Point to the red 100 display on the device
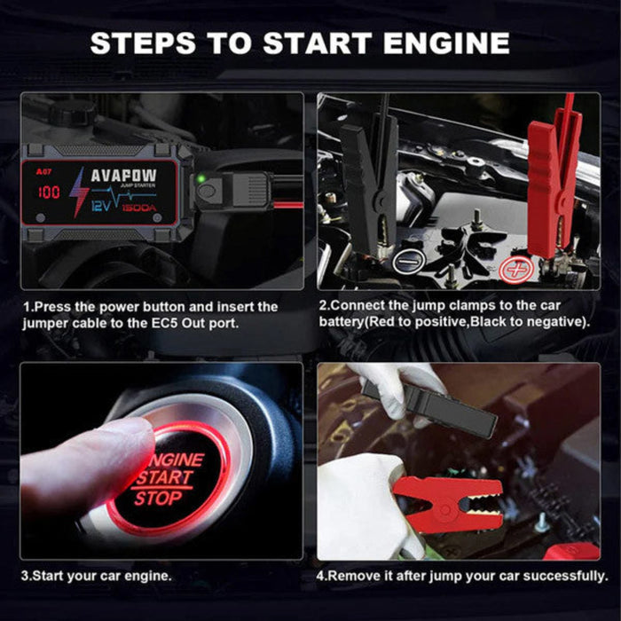click(x=49, y=192)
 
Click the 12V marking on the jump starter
click(x=102, y=205)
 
